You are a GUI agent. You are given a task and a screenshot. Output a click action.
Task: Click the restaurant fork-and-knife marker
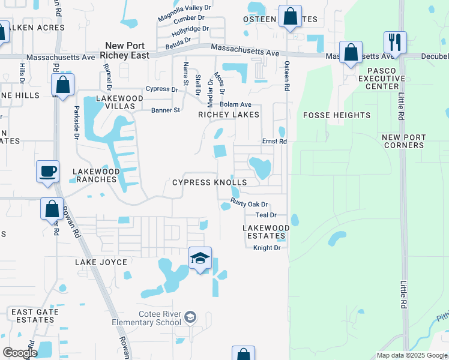[395, 43]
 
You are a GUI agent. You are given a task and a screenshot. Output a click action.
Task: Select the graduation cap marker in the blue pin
[200, 259]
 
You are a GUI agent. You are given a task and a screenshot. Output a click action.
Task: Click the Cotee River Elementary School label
[146, 318]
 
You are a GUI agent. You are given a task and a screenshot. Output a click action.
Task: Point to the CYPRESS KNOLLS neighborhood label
[209, 182]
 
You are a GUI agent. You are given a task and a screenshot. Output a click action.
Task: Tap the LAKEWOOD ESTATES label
[266, 232]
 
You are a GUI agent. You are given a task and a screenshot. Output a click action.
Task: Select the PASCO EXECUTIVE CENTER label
[387, 79]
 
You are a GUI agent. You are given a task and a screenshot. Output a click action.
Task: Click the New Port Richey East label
[127, 50]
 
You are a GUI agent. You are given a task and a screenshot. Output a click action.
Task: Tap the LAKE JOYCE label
[101, 262]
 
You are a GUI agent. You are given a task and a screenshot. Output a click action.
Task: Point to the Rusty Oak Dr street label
[249, 204]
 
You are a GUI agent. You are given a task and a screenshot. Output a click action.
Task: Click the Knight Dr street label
[267, 248]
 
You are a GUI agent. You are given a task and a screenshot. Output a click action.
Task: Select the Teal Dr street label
[266, 215]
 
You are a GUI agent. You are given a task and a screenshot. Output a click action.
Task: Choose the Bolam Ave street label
[235, 104]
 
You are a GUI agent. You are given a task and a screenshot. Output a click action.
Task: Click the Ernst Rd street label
[275, 142]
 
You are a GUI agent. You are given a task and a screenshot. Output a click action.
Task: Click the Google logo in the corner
[20, 353]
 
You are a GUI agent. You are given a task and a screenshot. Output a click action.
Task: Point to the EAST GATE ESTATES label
[35, 316]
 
